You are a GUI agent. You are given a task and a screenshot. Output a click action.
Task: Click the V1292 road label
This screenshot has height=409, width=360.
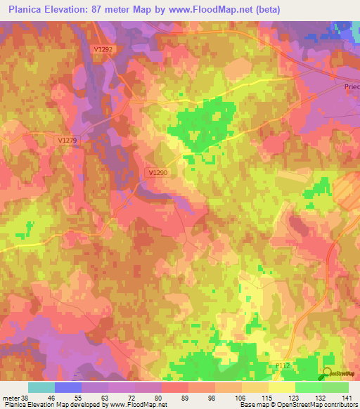pyautogui.click(x=102, y=49)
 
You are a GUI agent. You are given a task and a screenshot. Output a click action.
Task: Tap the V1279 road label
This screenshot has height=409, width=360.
pyautogui.click(x=67, y=141)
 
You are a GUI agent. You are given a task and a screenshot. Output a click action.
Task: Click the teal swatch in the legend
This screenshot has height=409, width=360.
pyautogui.click(x=41, y=387)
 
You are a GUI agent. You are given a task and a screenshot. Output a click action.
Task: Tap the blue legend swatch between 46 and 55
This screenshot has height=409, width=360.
pyautogui.click(x=68, y=387)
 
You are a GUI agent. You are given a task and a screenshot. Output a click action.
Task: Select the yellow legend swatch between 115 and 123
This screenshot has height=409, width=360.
pyautogui.click(x=282, y=387)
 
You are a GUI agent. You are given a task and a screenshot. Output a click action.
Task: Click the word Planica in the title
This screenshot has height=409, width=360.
pyautogui.click(x=29, y=10)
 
